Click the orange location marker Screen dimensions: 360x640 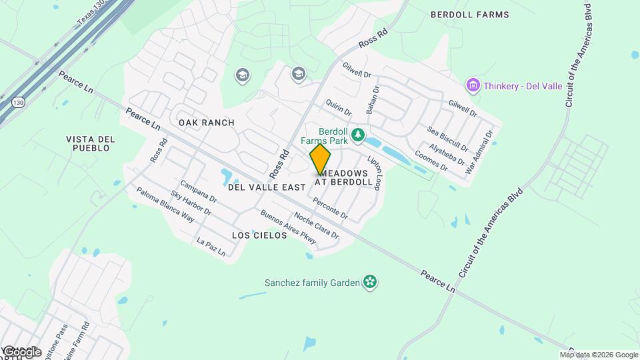(320, 159)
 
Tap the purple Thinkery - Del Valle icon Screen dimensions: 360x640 (473, 85)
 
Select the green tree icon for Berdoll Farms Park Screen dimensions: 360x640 (358, 136)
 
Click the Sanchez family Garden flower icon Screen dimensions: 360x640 (370, 283)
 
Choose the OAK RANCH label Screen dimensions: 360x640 (206, 123)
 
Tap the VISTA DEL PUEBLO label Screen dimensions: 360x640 (87, 143)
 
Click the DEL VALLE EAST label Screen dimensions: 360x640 (266, 188)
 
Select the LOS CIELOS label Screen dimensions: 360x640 (259, 236)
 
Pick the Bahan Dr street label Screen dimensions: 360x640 (371, 98)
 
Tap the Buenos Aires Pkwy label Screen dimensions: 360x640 (288, 227)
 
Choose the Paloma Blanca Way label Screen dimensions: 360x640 (165, 204)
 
